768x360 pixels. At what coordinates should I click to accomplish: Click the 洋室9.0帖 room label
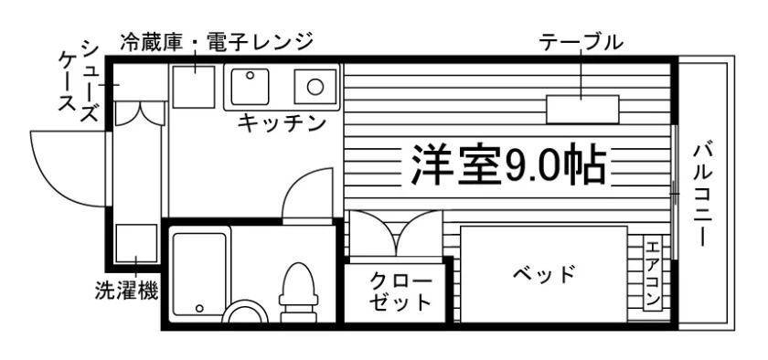508,164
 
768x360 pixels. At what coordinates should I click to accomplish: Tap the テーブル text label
581,43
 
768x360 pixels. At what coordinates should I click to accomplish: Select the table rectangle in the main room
583,110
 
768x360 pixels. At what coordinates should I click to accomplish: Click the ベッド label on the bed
544,274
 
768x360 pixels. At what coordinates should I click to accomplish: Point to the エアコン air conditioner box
653,273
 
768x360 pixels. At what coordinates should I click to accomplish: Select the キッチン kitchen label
282,123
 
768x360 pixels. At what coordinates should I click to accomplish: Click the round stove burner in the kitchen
315,87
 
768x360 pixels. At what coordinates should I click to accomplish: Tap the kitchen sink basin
250,86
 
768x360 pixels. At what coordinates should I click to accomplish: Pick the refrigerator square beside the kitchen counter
194,87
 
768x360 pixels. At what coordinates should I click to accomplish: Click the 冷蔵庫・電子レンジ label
216,43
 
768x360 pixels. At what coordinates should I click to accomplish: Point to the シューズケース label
80,82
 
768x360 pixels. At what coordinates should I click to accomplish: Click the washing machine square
136,243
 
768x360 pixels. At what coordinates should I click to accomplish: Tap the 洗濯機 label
126,291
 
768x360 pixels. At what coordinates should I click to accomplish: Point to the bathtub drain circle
199,309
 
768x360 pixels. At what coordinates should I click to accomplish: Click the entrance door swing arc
51,185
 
